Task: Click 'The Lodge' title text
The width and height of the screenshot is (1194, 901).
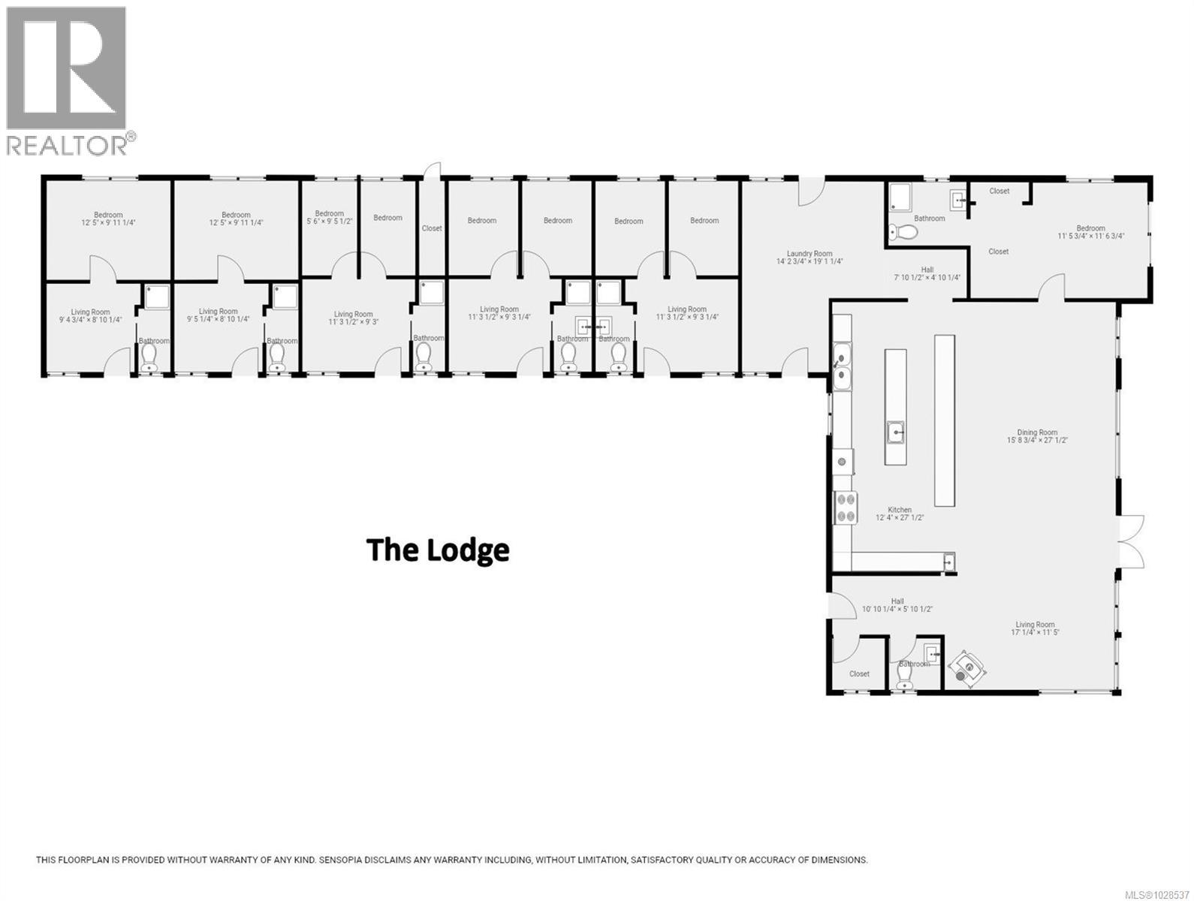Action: pos(438,550)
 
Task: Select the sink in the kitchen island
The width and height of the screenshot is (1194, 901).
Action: pos(895,432)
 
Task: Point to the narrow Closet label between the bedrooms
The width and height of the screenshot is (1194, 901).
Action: pos(432,228)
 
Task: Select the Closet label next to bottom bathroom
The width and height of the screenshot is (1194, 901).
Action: pos(859,673)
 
